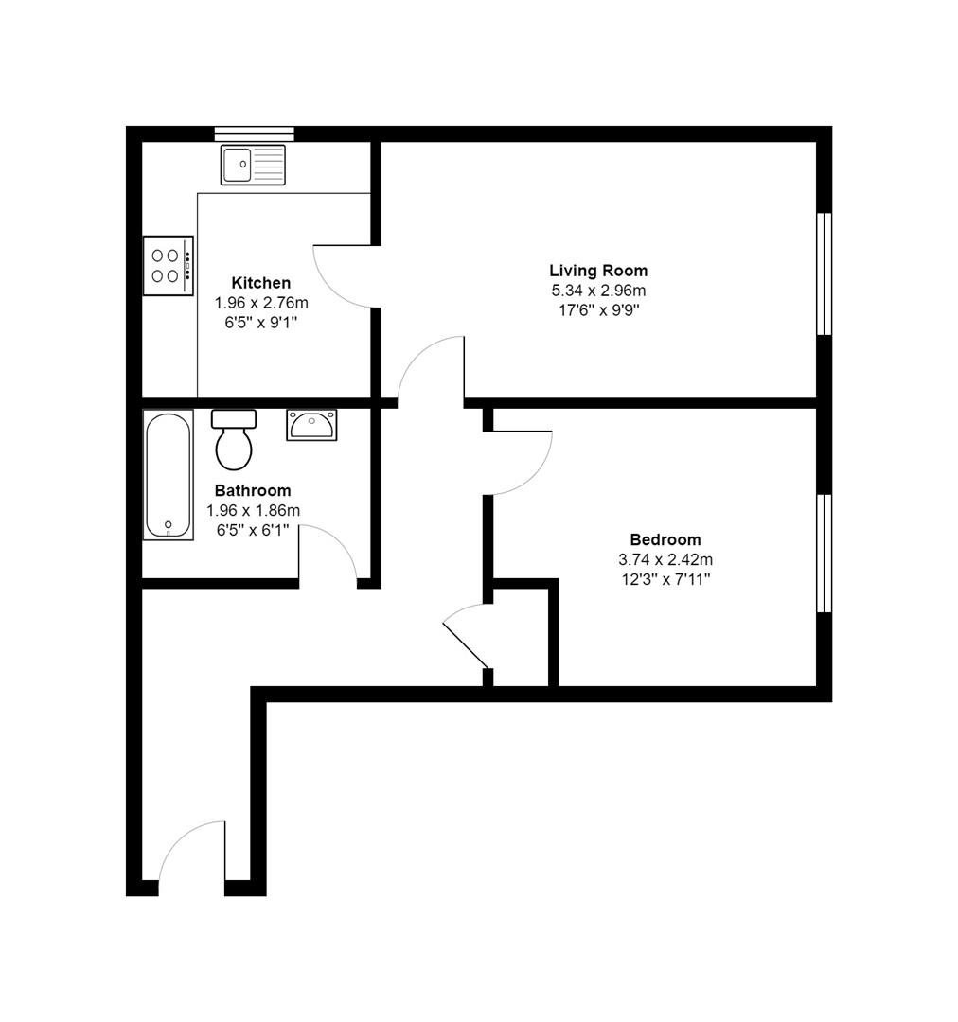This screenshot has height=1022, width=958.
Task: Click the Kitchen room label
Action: pyautogui.click(x=261, y=283)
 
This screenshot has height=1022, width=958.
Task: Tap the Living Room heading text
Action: pyautogui.click(x=598, y=271)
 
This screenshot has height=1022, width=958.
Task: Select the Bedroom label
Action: pyautogui.click(x=665, y=539)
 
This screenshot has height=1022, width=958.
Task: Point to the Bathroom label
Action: pyautogui.click(x=253, y=490)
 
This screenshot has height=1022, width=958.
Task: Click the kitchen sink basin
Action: pyautogui.click(x=236, y=164)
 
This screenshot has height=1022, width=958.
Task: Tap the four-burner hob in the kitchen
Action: pyautogui.click(x=169, y=265)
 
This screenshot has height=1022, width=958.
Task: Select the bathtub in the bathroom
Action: pyautogui.click(x=169, y=475)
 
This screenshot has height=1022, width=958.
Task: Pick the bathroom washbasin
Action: pyautogui.click(x=311, y=425)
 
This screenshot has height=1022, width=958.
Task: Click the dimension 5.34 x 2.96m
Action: pyautogui.click(x=598, y=291)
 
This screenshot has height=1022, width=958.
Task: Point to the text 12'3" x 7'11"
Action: pyautogui.click(x=665, y=579)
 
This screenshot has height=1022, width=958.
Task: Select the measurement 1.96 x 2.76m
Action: pyautogui.click(x=261, y=303)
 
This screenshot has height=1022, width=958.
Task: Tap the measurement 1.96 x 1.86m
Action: pyautogui.click(x=253, y=510)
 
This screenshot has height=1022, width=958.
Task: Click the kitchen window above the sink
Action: pyautogui.click(x=255, y=133)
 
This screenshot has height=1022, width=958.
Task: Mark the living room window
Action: pyautogui.click(x=825, y=273)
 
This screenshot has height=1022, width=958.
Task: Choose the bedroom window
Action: pyautogui.click(x=825, y=554)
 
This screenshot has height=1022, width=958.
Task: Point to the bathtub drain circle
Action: pyautogui.click(x=169, y=524)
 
